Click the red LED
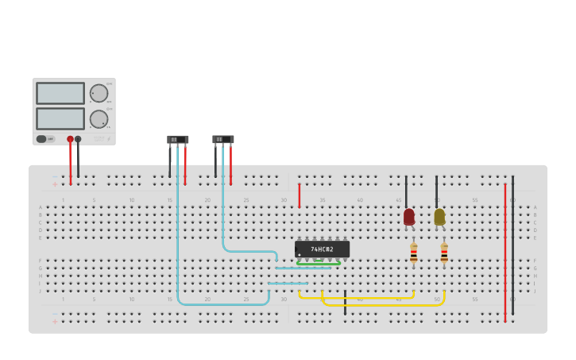click(409, 216)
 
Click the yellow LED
click(439, 216)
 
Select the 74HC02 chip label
click(322, 250)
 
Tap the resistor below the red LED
click(414, 254)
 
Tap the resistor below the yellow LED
click(444, 254)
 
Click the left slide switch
click(178, 140)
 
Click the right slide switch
click(223, 140)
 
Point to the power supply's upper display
click(60, 93)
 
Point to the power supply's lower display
click(60, 118)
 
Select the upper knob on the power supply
click(99, 93)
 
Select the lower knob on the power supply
click(99, 119)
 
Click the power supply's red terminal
click(70, 139)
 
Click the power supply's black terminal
click(78, 139)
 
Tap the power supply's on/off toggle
click(41, 139)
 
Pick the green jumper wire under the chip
click(319, 263)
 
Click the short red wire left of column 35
click(299, 195)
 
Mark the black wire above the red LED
click(406, 191)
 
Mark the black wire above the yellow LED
click(436, 191)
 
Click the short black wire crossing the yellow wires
click(345, 303)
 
